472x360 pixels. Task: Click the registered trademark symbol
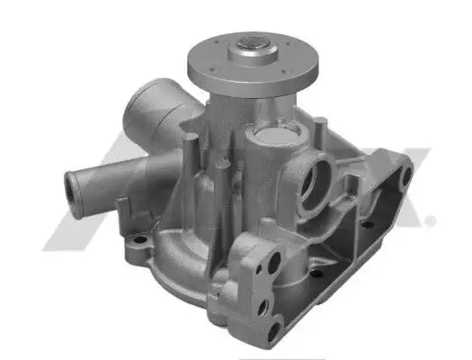432,220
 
